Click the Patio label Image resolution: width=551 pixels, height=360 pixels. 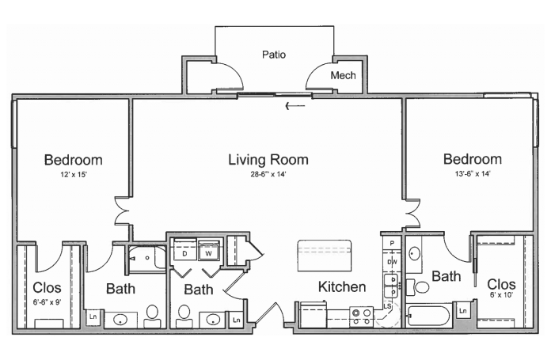[x=274, y=55]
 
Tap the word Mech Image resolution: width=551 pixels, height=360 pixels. [x=343, y=75]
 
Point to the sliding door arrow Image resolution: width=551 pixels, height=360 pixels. [x=295, y=105]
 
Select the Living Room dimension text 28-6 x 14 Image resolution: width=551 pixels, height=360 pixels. [x=268, y=174]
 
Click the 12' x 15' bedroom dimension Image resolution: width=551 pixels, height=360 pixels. [x=74, y=174]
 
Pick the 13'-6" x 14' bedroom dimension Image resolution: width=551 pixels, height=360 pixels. [x=473, y=173]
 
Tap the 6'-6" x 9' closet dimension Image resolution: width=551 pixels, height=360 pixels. [x=47, y=302]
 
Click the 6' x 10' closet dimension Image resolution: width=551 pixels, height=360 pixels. [x=501, y=294]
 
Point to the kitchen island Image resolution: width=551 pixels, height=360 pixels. [x=325, y=256]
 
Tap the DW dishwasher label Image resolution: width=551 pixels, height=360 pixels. [x=392, y=262]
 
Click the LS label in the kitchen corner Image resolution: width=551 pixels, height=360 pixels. [x=387, y=306]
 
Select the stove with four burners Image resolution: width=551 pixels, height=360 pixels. [x=361, y=316]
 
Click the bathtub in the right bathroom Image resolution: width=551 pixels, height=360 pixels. [x=429, y=316]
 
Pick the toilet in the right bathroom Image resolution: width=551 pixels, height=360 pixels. [x=417, y=287]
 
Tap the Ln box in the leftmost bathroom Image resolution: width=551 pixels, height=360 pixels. [x=93, y=316]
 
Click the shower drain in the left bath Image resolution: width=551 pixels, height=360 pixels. [x=147, y=258]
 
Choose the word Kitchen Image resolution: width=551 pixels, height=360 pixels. [x=342, y=287]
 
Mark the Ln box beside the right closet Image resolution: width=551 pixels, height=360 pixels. [x=463, y=311]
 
